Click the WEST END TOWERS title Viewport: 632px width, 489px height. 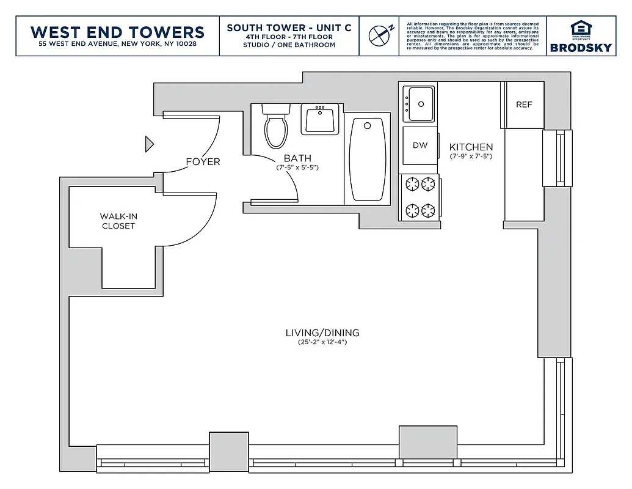click(x=117, y=31)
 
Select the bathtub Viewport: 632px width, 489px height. click(x=368, y=158)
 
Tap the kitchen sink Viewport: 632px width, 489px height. click(x=420, y=103)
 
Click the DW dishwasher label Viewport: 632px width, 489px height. click(x=420, y=145)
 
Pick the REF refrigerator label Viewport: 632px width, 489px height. click(x=524, y=105)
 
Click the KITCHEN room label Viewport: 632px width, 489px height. click(x=471, y=147)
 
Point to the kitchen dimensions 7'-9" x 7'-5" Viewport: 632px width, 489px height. click(x=471, y=156)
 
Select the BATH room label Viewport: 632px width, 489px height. click(x=297, y=158)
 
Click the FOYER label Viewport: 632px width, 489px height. click(x=203, y=162)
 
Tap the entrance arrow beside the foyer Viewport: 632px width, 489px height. click(x=148, y=144)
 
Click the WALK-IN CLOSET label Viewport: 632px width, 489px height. click(x=118, y=221)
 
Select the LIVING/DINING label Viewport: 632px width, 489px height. click(x=322, y=333)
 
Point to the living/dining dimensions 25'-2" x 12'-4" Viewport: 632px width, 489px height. click(x=322, y=342)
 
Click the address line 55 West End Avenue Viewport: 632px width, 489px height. click(x=117, y=45)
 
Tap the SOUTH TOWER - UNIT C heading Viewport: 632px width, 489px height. click(x=289, y=28)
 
